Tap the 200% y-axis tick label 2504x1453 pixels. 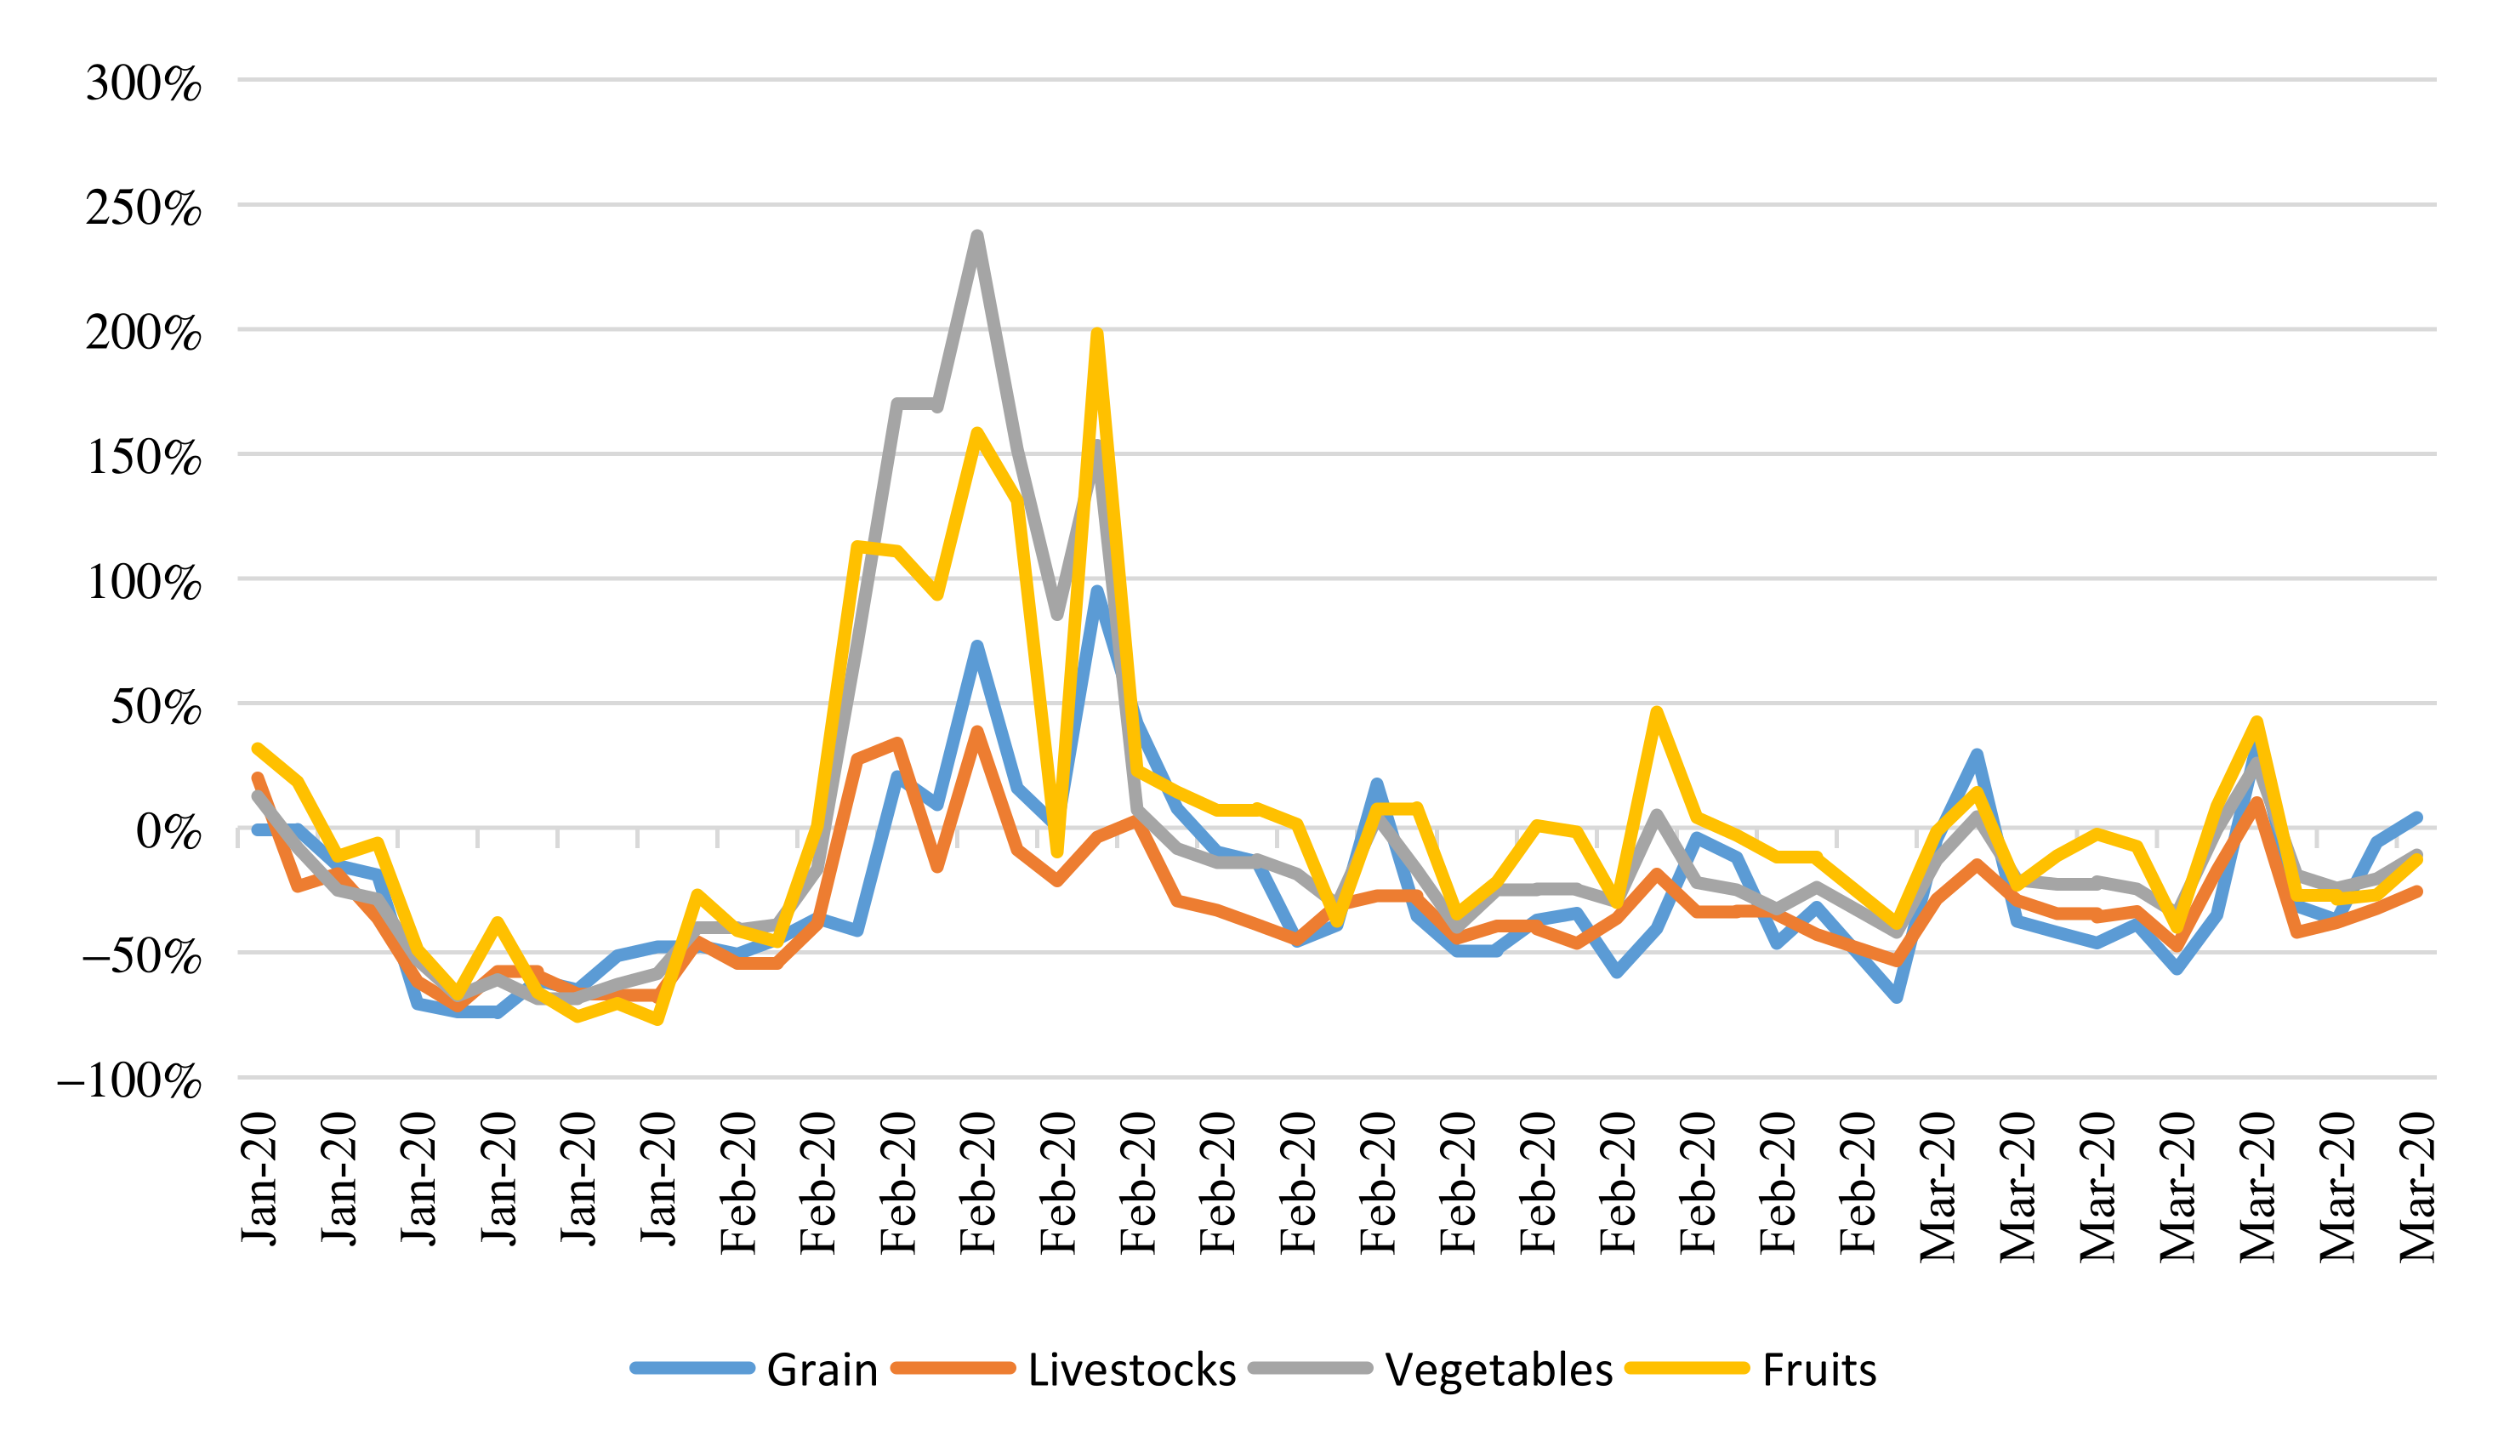143,333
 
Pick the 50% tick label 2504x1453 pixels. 155,708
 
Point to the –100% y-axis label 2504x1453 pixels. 129,1081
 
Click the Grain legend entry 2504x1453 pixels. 822,1370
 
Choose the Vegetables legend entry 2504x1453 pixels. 1499,1370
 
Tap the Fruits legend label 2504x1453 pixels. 1819,1370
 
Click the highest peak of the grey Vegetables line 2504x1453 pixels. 976,236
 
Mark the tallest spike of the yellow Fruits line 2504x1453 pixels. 1096,335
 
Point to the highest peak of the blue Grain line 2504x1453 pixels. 1096,592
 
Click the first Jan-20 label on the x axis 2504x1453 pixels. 259,1180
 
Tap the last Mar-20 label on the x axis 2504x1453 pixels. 2417,1188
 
